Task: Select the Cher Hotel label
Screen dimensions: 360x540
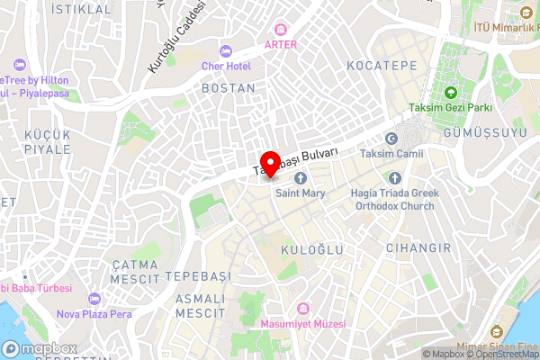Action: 225,67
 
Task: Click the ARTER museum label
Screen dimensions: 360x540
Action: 280,43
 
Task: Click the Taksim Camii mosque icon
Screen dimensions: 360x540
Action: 391,139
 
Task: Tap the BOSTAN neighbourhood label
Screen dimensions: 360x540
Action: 229,89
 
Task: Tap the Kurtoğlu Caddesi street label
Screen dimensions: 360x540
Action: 175,38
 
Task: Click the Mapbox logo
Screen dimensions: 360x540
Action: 40,348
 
